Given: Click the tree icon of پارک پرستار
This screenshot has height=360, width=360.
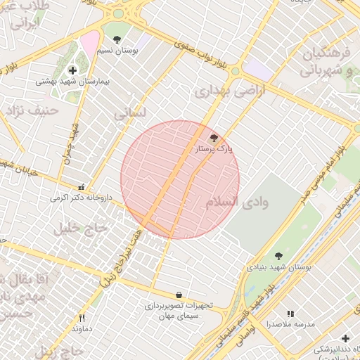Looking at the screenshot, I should [x=214, y=139].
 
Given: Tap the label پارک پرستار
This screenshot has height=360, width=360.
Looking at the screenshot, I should [x=214, y=149].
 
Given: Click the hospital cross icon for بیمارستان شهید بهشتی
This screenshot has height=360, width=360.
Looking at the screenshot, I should [x=73, y=71].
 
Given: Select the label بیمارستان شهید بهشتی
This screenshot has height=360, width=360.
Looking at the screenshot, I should [x=73, y=82].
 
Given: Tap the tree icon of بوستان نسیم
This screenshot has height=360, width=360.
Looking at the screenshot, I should [x=117, y=40].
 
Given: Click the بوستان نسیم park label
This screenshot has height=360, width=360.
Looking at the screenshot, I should [x=117, y=51].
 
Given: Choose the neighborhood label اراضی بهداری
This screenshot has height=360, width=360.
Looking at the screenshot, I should [x=222, y=91].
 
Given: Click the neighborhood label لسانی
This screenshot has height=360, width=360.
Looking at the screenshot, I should [x=131, y=112].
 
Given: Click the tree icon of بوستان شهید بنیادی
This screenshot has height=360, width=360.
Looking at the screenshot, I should [x=278, y=256].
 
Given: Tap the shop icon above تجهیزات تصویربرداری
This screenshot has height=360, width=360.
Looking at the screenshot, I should [x=179, y=295].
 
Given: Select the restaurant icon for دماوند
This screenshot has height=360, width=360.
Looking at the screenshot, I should [x=82, y=318].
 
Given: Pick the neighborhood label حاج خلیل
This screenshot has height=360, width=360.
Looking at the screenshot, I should [x=82, y=227].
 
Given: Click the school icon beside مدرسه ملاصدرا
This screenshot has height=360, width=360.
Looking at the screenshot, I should [x=290, y=314].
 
